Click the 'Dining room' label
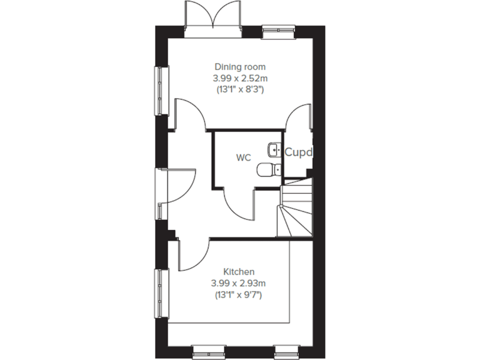[x=240, y=66]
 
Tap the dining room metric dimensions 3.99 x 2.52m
[x=240, y=77]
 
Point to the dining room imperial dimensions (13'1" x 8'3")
[x=240, y=89]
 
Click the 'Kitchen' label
[x=239, y=272]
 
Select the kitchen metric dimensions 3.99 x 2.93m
[x=239, y=283]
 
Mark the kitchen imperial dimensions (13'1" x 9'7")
[x=239, y=294]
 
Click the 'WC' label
[x=243, y=157]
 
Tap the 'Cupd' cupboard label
[x=297, y=152]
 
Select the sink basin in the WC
[x=274, y=149]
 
